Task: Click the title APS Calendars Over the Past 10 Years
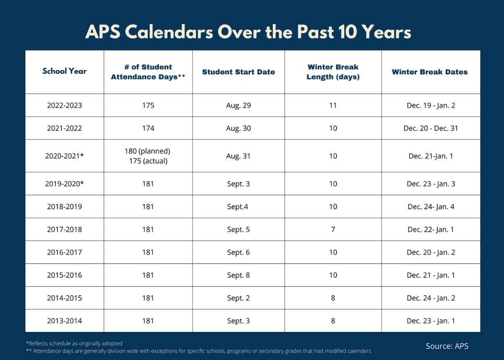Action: click(x=248, y=32)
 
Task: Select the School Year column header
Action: click(x=64, y=71)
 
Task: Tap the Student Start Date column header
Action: click(x=238, y=72)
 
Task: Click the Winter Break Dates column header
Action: click(x=429, y=72)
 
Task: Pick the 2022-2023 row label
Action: click(x=64, y=105)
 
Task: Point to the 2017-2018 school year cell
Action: click(x=64, y=230)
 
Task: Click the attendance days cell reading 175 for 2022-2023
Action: click(x=148, y=105)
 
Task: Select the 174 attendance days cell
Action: click(x=148, y=128)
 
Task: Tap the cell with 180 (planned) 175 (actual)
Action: click(x=148, y=156)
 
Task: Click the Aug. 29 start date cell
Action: click(x=238, y=105)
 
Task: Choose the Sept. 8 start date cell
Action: click(x=238, y=275)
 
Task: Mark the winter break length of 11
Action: click(x=333, y=105)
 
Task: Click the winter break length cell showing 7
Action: click(x=333, y=230)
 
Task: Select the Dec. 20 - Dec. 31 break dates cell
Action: click(x=431, y=128)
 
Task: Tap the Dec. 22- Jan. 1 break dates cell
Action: click(x=431, y=230)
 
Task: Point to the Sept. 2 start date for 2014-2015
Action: click(x=238, y=298)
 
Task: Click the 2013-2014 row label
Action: click(x=64, y=321)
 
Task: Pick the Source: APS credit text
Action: click(x=447, y=346)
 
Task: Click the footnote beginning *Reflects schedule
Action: click(x=74, y=343)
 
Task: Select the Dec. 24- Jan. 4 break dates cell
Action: click(x=431, y=207)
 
